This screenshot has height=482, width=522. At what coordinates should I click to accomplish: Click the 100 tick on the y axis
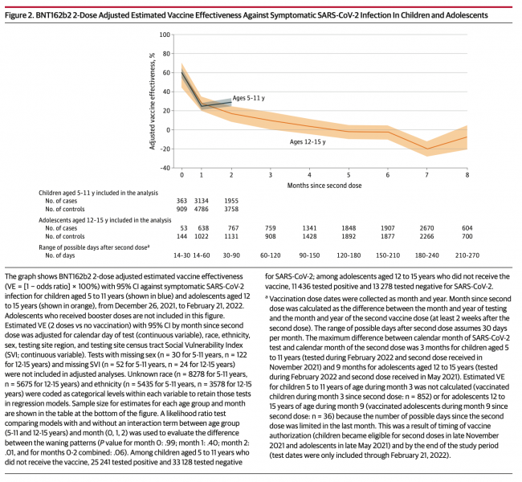(165, 35)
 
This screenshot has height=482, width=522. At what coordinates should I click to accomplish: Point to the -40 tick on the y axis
(165, 168)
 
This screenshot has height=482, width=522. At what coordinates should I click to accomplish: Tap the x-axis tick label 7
(427, 174)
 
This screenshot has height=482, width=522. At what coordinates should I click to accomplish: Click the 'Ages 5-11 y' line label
(250, 98)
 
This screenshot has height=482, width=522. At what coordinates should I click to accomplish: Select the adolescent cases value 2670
(427, 227)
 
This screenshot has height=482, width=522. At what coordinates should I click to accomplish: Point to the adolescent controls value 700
(467, 236)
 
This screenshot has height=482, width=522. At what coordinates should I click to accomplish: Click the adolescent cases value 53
(182, 227)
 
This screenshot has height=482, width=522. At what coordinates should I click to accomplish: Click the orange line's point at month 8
(467, 137)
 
